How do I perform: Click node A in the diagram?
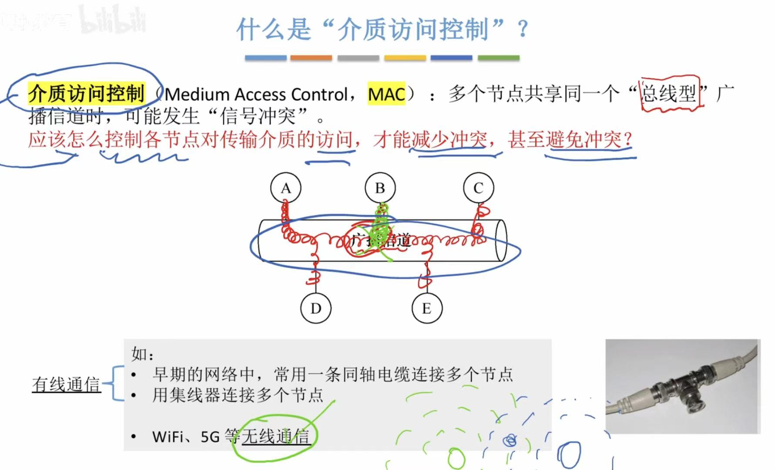click(285, 188)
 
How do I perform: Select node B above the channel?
click(380, 188)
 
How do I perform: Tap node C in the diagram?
click(478, 188)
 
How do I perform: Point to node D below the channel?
click(316, 308)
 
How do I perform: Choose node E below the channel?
click(427, 308)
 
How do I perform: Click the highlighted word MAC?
click(386, 94)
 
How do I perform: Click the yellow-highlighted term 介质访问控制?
click(86, 93)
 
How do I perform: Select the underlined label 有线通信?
click(66, 384)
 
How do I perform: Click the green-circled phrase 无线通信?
click(275, 436)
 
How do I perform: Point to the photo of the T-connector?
click(682, 386)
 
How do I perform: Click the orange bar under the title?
click(311, 57)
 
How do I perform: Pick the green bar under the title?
click(498, 57)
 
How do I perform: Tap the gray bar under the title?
click(358, 57)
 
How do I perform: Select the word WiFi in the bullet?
click(168, 436)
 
